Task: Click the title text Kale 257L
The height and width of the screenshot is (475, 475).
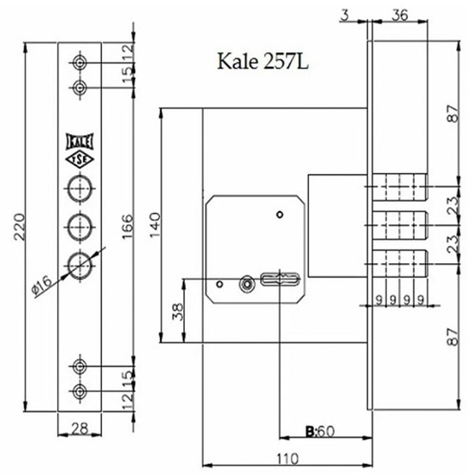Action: pyautogui.click(x=263, y=61)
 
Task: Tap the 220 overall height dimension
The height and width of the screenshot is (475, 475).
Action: pyautogui.click(x=19, y=227)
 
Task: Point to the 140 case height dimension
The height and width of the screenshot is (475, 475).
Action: pyautogui.click(x=155, y=225)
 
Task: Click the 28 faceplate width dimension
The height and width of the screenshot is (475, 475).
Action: pyautogui.click(x=79, y=428)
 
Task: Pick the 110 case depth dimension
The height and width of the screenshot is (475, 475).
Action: pyautogui.click(x=287, y=459)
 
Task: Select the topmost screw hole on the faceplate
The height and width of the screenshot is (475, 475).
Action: pyautogui.click(x=79, y=62)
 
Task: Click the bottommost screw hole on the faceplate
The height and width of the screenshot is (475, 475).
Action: pyautogui.click(x=79, y=391)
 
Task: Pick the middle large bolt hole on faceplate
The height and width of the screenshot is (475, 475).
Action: pyautogui.click(x=79, y=226)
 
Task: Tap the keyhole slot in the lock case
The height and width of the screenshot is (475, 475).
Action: pyautogui.click(x=280, y=279)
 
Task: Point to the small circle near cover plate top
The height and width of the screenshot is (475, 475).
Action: pyautogui.click(x=280, y=215)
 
